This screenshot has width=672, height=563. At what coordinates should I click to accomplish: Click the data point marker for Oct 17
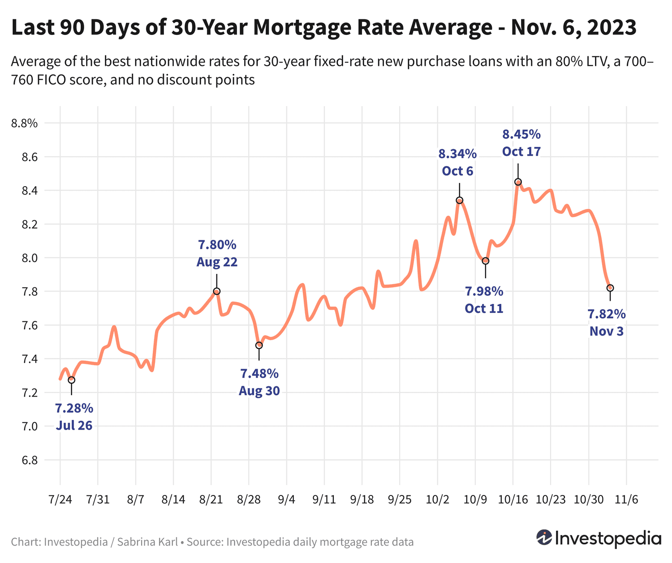[x=518, y=182]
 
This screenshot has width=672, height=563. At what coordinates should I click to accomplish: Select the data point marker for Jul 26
[x=71, y=380]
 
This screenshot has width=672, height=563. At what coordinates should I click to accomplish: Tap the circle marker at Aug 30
[x=259, y=345]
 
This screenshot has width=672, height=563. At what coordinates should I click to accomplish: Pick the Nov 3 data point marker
[x=610, y=288]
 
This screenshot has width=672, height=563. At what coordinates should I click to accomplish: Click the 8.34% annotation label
[x=457, y=154]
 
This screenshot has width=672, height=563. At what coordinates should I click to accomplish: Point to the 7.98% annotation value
[x=484, y=292]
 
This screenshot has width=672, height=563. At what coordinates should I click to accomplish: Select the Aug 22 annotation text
[x=217, y=262]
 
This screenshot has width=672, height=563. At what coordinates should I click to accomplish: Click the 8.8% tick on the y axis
[x=24, y=124]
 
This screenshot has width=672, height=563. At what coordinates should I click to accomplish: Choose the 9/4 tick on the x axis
[x=286, y=500]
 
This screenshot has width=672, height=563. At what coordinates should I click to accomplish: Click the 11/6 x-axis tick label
[x=626, y=500]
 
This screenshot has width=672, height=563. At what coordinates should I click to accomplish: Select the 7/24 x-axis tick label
[x=60, y=500]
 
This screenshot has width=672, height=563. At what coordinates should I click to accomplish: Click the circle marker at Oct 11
[x=485, y=261]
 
